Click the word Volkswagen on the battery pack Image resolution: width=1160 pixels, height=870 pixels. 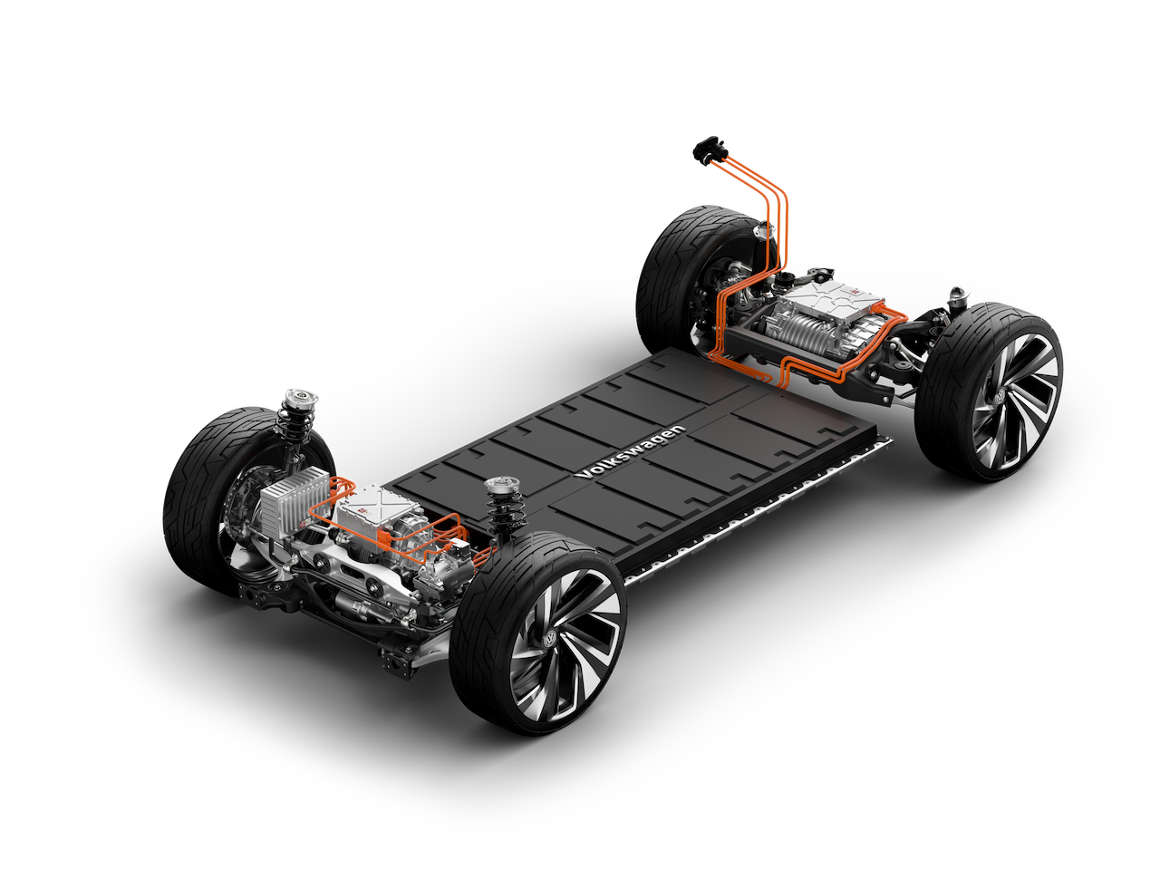pos(630,453)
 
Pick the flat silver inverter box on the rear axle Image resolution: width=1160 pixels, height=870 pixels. pos(831,302)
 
